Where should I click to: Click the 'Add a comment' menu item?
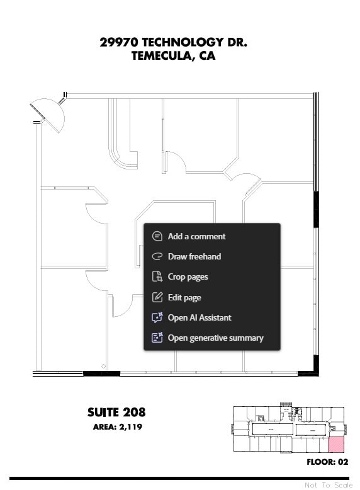pyautogui.click(x=196, y=236)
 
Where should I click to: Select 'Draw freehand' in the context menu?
pyautogui.click(x=194, y=256)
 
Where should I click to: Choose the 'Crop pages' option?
pyautogui.click(x=188, y=276)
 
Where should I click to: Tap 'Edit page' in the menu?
pyautogui.click(x=184, y=297)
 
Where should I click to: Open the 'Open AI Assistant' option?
pyautogui.click(x=199, y=317)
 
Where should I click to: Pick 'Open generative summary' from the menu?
pyautogui.click(x=215, y=338)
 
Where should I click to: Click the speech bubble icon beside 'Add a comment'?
pyautogui.click(x=157, y=236)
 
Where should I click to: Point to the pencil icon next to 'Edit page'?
pyautogui.click(x=157, y=297)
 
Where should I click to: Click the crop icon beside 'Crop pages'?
pyautogui.click(x=157, y=276)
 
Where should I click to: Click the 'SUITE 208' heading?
pyautogui.click(x=116, y=413)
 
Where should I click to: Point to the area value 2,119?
pyautogui.click(x=130, y=427)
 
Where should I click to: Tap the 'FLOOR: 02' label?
pyautogui.click(x=327, y=462)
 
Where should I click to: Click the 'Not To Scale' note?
pyautogui.click(x=329, y=485)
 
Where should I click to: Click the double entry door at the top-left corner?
pyautogui.click(x=48, y=113)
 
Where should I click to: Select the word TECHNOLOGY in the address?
pyautogui.click(x=183, y=42)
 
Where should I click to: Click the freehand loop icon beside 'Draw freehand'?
pyautogui.click(x=157, y=256)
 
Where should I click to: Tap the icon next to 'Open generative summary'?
pyautogui.click(x=157, y=338)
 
